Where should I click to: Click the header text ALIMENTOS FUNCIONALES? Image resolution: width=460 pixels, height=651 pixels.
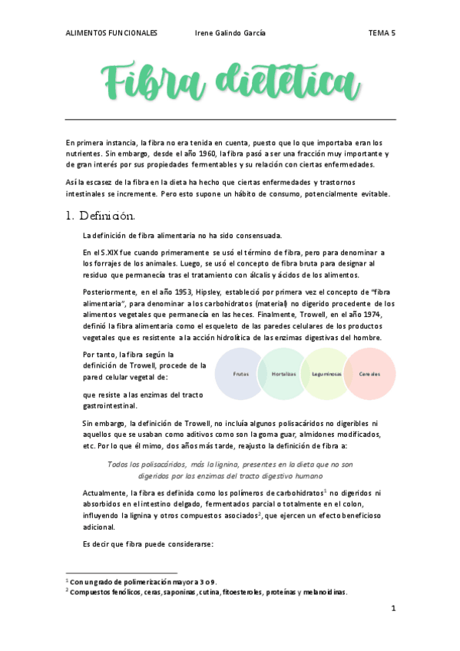[x=111, y=33]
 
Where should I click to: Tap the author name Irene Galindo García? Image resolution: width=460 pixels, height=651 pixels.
[x=231, y=33]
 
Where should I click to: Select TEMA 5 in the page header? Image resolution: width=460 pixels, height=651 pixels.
[x=382, y=33]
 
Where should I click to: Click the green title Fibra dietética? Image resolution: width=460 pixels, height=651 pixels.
[x=230, y=81]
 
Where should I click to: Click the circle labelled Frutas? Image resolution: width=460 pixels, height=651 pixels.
[x=241, y=373]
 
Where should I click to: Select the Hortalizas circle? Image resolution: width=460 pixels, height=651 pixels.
[x=283, y=373]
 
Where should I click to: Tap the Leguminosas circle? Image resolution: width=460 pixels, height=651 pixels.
[x=326, y=373]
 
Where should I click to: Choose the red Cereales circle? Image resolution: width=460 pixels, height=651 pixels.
[x=369, y=373]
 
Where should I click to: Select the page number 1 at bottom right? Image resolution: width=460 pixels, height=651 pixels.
[x=393, y=608]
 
